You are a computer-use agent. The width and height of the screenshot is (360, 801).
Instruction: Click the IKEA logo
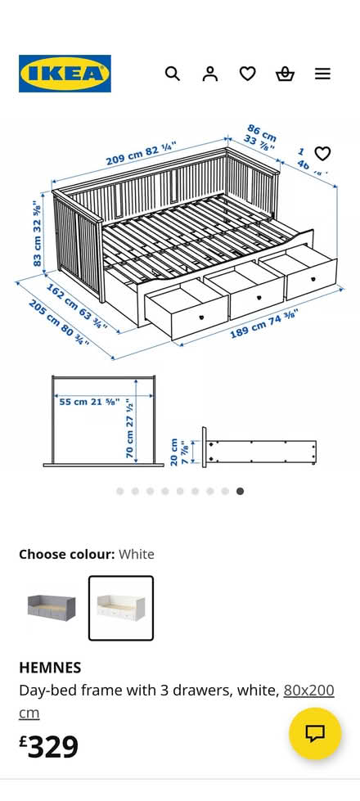tap(65, 74)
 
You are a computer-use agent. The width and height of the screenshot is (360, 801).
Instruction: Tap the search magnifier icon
tap(172, 74)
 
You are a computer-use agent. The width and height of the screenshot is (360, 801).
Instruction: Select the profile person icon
tap(210, 74)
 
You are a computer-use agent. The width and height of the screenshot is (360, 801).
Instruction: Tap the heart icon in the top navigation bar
tap(248, 74)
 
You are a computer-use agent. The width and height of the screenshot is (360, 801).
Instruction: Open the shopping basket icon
tap(285, 74)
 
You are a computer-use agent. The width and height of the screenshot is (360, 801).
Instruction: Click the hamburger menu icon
tap(323, 74)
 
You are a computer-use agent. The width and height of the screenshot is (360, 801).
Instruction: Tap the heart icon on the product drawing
tap(322, 153)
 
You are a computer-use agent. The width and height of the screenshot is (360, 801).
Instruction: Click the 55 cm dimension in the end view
tap(89, 402)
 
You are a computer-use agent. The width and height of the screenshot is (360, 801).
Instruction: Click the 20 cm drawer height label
tap(178, 452)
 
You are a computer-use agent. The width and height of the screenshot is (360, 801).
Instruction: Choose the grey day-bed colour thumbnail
tap(51, 607)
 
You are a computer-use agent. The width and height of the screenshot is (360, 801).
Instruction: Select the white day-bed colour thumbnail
tap(121, 607)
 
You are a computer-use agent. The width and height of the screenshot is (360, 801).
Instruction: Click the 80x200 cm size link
tap(308, 691)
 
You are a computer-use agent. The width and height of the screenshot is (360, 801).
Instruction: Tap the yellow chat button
tap(315, 733)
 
